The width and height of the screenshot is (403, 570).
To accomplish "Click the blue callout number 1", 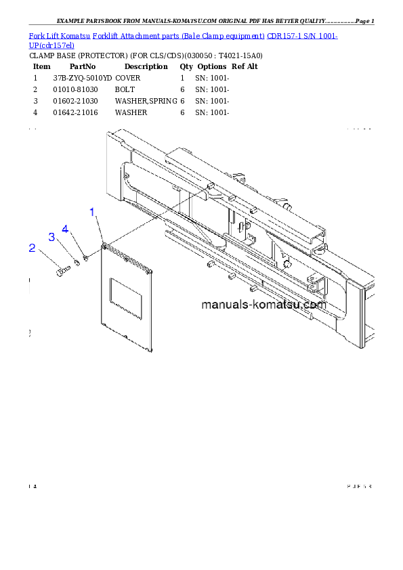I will [x=93, y=212].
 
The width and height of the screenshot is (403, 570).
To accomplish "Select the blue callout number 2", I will [x=32, y=248].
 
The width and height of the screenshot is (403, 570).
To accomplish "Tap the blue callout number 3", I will [x=51, y=237].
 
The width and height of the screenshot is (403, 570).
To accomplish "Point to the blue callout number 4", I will [x=65, y=229].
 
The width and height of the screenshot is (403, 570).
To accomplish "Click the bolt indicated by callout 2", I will [x=63, y=270].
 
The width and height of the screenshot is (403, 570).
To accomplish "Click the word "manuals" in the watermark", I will [x=226, y=305].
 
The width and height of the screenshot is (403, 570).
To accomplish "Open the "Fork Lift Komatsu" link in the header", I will [x=48, y=35].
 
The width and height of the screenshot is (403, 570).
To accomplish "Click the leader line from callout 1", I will [x=98, y=227].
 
